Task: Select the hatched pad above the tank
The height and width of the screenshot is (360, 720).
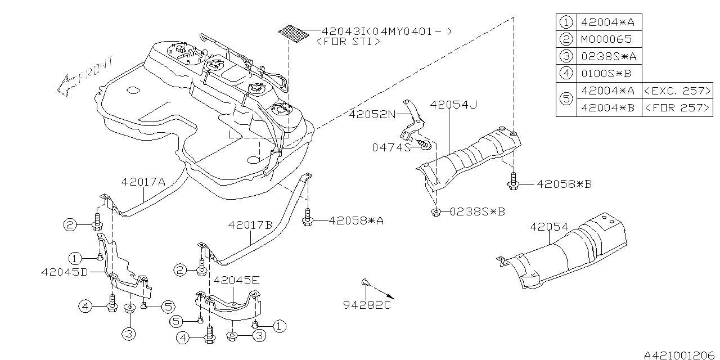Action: pyautogui.click(x=295, y=33)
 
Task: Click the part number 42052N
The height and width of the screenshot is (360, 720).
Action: pyautogui.click(x=372, y=114)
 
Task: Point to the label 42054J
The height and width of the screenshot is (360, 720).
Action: pyautogui.click(x=453, y=105)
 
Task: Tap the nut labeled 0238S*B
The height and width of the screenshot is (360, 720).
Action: pyautogui.click(x=435, y=211)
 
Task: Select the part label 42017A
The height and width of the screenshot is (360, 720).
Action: pyautogui.click(x=143, y=182)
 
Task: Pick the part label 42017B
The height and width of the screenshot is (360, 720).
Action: pyautogui.click(x=250, y=224)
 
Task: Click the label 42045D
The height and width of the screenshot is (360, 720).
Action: pyautogui.click(x=64, y=272)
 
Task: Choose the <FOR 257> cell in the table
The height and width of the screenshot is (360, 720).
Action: pyautogui.click(x=677, y=107)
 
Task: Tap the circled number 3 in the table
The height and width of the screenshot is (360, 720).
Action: pyautogui.click(x=566, y=56)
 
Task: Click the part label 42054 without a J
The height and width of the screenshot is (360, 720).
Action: pyautogui.click(x=548, y=228)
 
